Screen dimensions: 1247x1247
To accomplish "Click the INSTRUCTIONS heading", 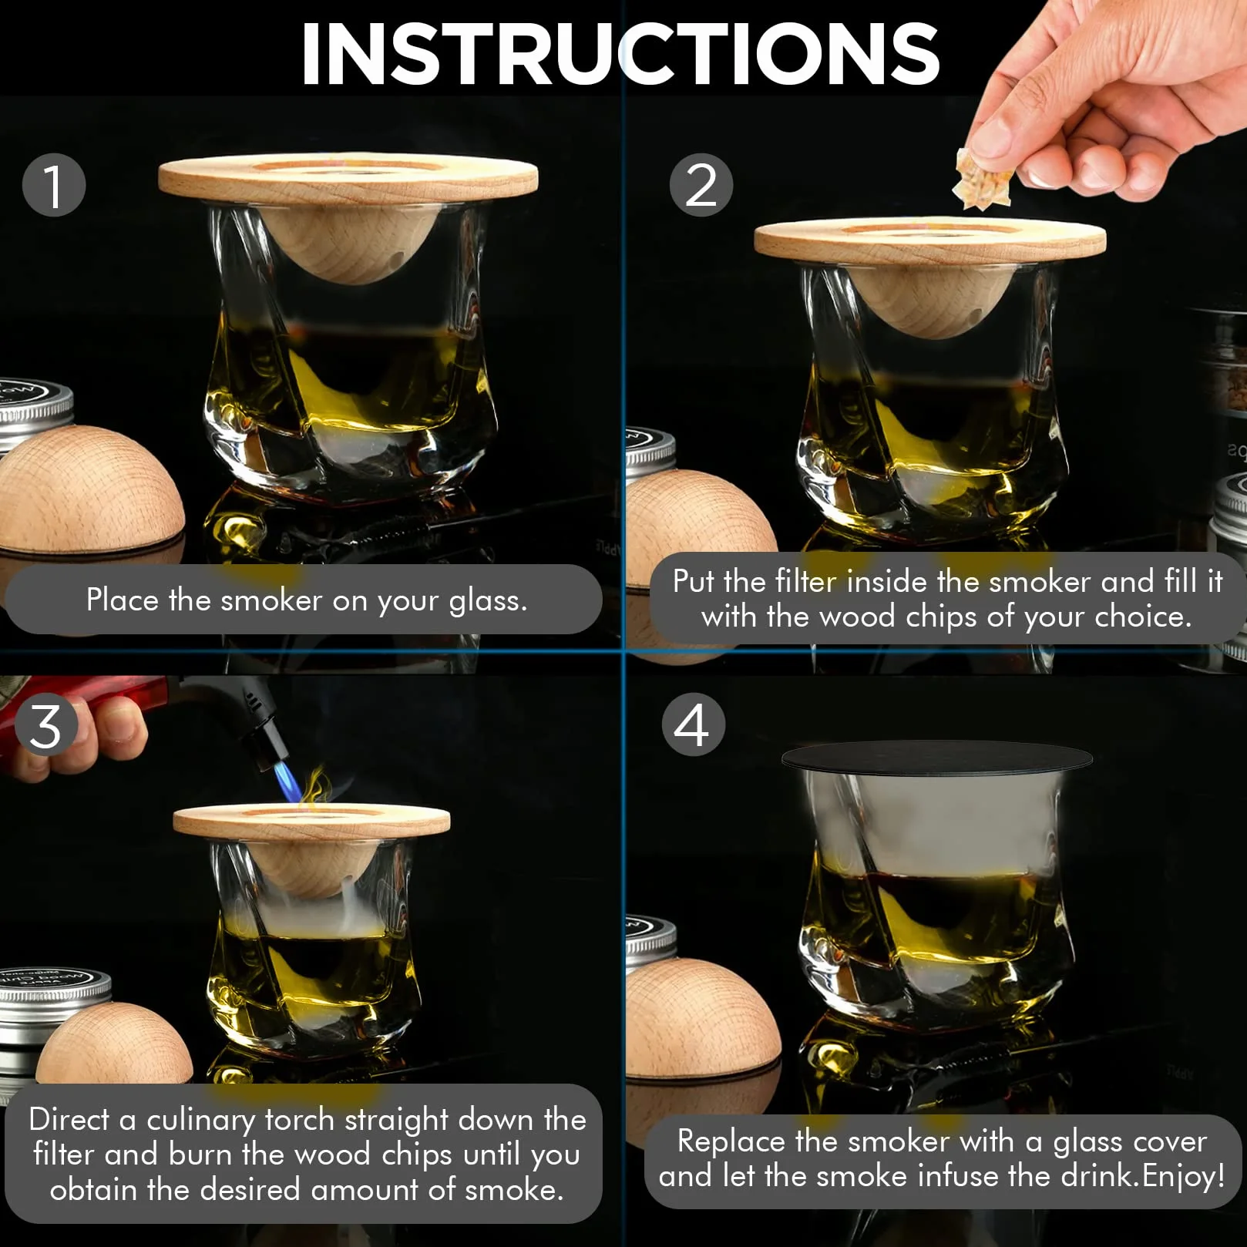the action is pos(620,53).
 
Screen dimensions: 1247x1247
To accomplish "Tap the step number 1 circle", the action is pos(53,185).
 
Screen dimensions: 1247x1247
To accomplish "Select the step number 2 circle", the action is pos(701,185).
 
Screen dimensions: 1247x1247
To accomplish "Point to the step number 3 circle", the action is pos(46,726).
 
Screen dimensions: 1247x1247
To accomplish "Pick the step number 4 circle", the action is pos(693,724).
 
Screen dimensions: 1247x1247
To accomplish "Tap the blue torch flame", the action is pos(287,780).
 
